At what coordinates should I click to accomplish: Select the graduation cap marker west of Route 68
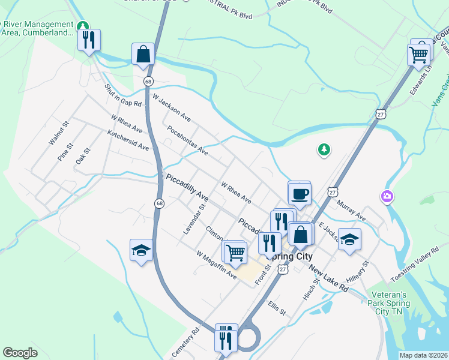pyautogui.click(x=141, y=251)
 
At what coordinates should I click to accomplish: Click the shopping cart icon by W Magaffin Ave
pyautogui.click(x=235, y=252)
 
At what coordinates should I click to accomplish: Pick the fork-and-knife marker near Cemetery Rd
pyautogui.click(x=226, y=338)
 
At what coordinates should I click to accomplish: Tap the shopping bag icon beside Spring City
pyautogui.click(x=301, y=234)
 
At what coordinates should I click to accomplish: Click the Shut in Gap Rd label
pyautogui.click(x=122, y=95)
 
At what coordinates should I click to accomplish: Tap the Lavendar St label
pyautogui.click(x=193, y=219)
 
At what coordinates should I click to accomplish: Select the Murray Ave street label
pyautogui.click(x=351, y=211)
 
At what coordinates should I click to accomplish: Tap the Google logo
pyautogui.click(x=20, y=353)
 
